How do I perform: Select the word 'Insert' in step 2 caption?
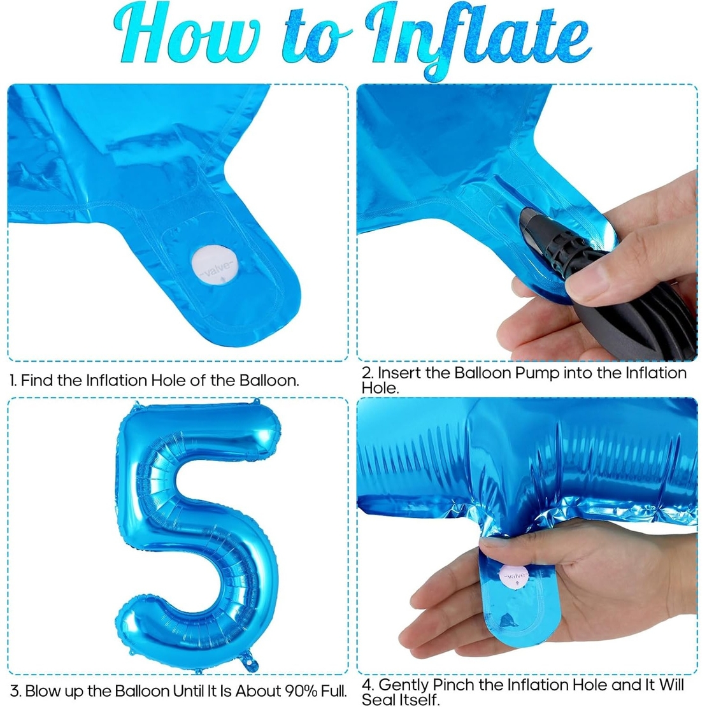399,373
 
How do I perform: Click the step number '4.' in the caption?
368,685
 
